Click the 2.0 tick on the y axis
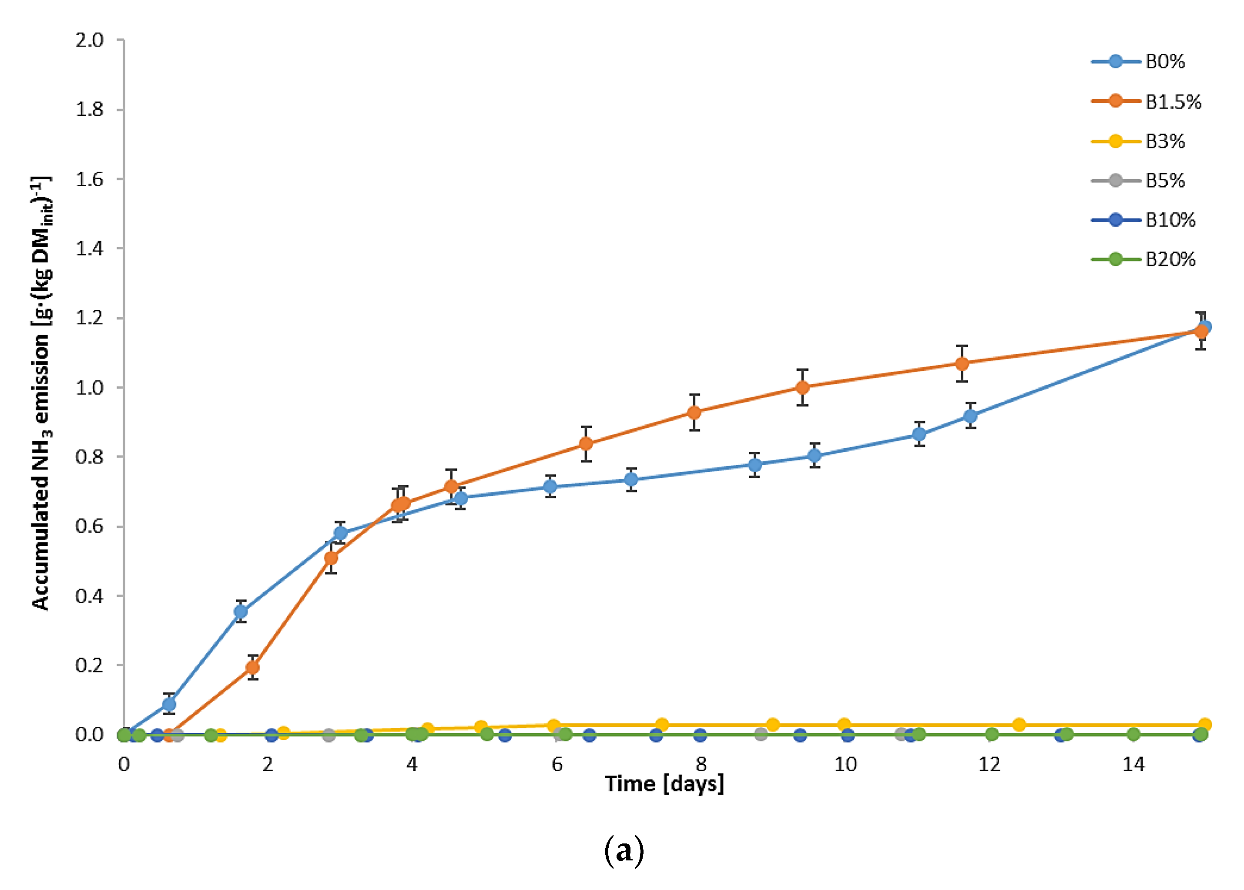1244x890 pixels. point(89,40)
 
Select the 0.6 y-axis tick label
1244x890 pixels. point(89,526)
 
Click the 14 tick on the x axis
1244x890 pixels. point(1133,765)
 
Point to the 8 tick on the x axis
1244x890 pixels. point(701,765)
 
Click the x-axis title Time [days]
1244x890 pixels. point(664,784)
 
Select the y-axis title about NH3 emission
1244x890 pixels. point(41,393)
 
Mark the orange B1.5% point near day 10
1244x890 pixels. point(802,387)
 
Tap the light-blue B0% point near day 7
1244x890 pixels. point(631,480)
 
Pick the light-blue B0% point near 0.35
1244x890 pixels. point(241,611)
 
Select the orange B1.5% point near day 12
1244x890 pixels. point(962,363)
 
